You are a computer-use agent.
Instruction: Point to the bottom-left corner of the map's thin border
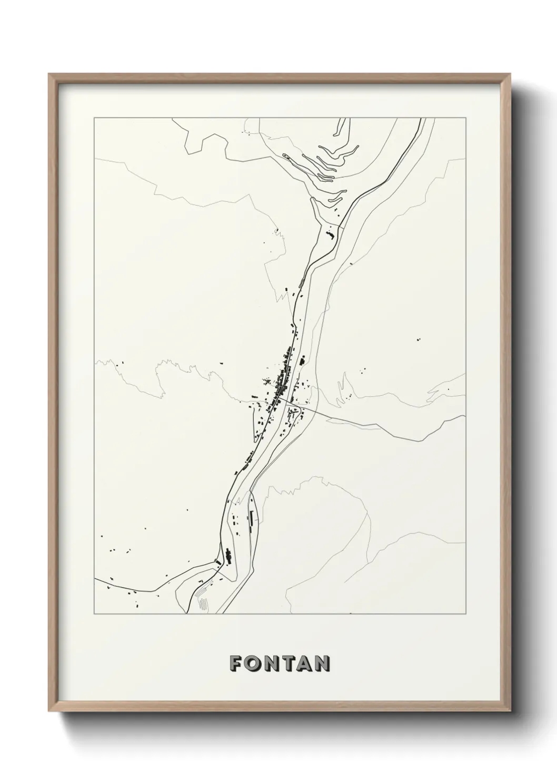click(94, 614)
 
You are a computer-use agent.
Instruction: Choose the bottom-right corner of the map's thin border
click(465, 614)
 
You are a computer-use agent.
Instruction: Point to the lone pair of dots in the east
click(419, 339)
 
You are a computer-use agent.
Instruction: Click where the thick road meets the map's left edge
click(95, 578)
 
